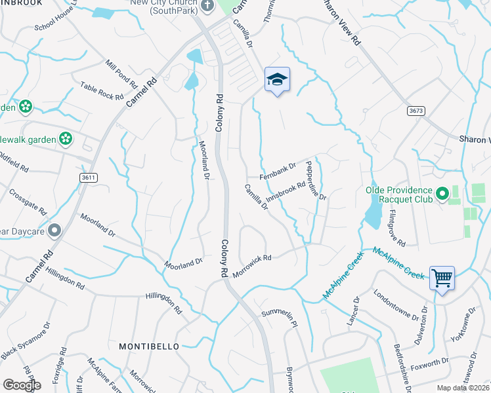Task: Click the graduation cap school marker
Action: pos(276,80)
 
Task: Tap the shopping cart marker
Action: pos(442,278)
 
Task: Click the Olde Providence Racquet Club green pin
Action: pos(442,195)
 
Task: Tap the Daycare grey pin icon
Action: pos(54,231)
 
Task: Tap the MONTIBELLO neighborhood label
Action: pos(149,345)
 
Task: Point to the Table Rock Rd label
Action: pos(102,91)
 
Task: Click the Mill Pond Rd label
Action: pos(120,75)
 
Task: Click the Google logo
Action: pos(22,384)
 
